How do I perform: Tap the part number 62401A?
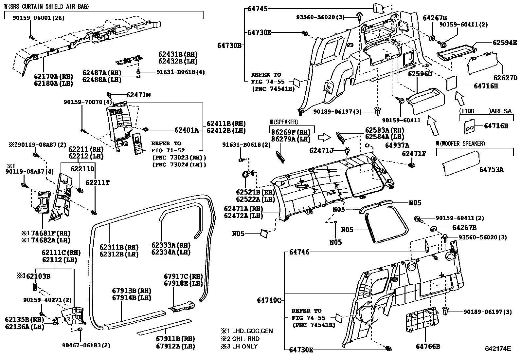click(186, 130)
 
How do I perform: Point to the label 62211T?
click(97, 182)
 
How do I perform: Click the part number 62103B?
click(38, 276)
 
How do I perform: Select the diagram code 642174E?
click(497, 349)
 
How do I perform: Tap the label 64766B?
click(428, 347)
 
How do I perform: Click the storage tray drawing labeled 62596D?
click(425, 98)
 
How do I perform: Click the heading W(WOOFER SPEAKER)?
click(460, 143)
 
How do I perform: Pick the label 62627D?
click(505, 78)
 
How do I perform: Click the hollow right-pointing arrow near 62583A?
click(325, 137)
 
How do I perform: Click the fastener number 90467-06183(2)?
click(86, 345)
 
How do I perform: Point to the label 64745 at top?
click(258, 9)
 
